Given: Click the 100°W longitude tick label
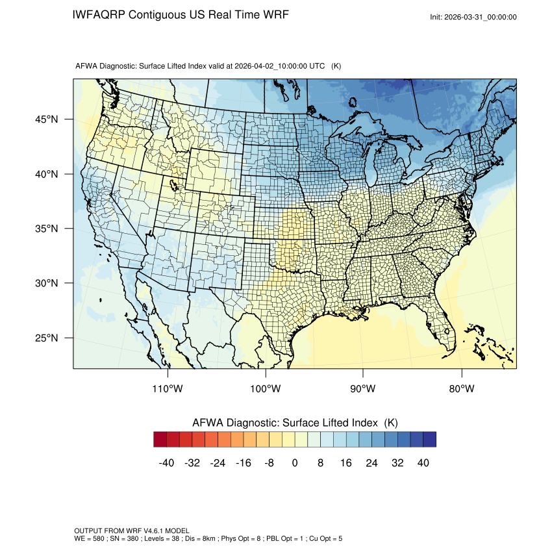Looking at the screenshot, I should click(x=266, y=389).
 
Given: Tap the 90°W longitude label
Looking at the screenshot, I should click(x=363, y=389).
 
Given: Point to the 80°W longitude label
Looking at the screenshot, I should click(x=460, y=389).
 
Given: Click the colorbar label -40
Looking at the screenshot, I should click(x=166, y=463).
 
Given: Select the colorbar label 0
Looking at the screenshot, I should click(x=295, y=463).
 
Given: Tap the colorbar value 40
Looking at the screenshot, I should click(x=423, y=463).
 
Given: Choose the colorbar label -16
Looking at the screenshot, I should click(x=244, y=463).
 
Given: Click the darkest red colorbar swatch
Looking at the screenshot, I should click(x=160, y=440).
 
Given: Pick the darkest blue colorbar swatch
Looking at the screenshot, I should click(x=429, y=440).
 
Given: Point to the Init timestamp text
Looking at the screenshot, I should click(x=473, y=17).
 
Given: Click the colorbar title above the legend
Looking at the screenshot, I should click(x=295, y=422).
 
